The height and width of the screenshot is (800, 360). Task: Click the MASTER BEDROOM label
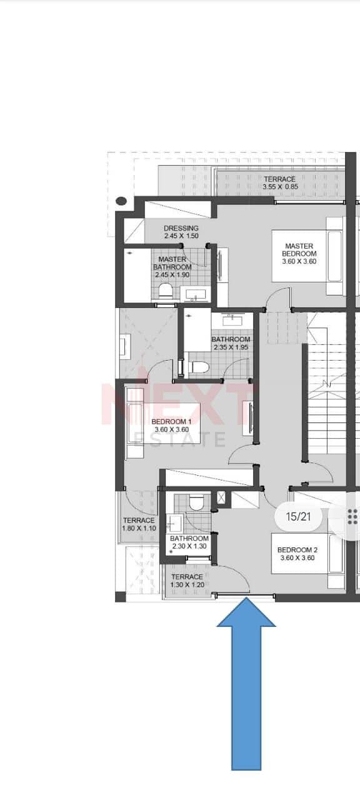coord(299,249)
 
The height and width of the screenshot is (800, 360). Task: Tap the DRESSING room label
coord(181,228)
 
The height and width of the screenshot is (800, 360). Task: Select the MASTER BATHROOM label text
coord(172,263)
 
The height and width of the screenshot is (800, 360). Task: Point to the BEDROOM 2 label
coord(297,550)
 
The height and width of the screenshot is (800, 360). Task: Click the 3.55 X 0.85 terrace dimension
coord(281,187)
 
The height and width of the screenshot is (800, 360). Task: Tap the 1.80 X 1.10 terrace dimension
coord(139,528)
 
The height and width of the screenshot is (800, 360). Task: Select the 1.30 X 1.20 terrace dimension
coord(187,584)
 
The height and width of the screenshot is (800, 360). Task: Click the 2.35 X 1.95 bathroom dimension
coord(231,347)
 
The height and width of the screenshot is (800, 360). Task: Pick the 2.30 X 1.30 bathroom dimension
coord(189,546)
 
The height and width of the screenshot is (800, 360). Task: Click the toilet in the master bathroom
coord(165,291)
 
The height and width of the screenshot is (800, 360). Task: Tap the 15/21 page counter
coord(298,516)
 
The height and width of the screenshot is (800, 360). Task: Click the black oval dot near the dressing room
coord(122,201)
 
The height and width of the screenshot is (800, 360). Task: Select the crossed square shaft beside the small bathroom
coord(221,497)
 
